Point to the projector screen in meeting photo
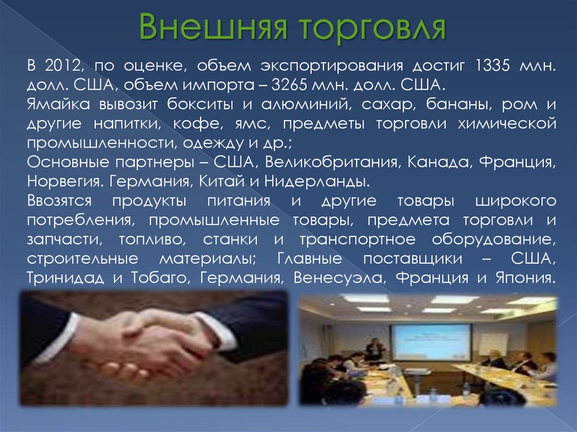click(432, 342)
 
